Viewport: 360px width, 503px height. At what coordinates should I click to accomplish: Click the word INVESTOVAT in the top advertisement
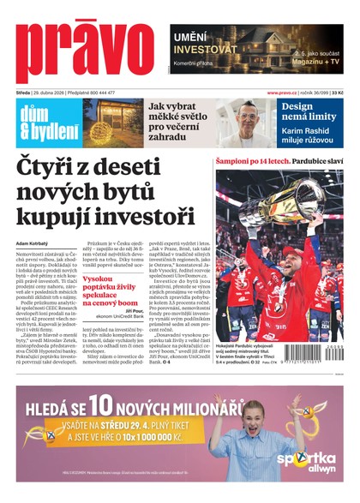[x=207, y=49]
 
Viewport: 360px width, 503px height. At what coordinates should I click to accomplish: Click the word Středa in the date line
[x=23, y=93]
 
